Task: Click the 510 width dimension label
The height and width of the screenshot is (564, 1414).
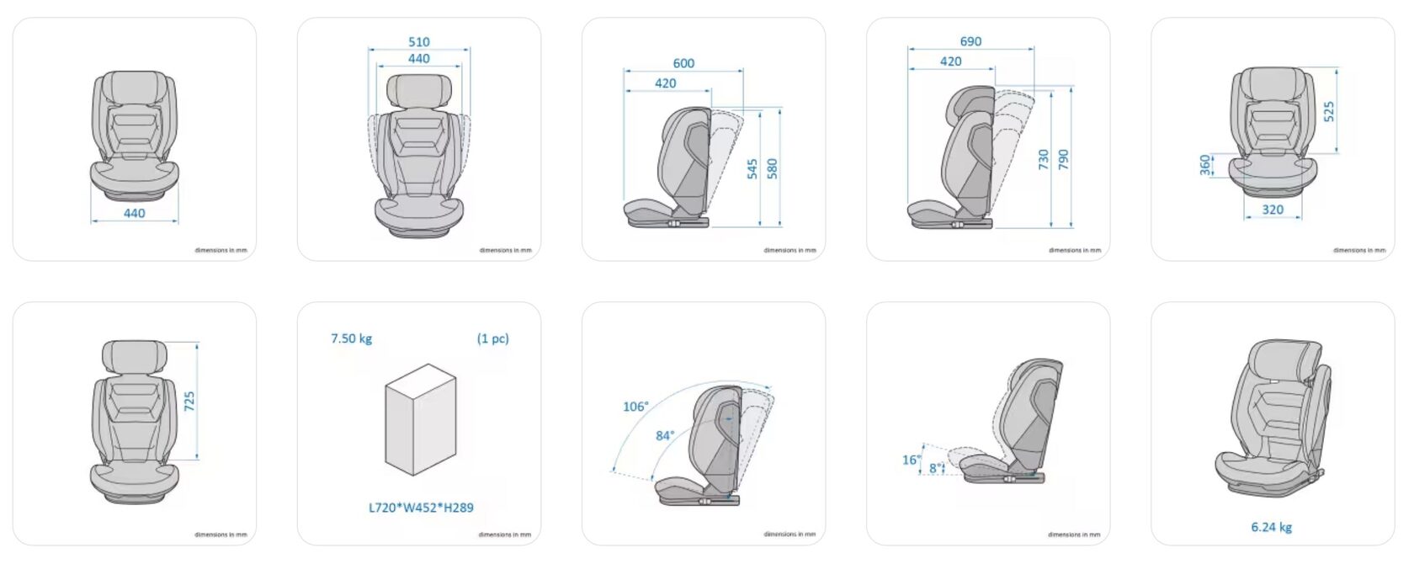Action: (418, 41)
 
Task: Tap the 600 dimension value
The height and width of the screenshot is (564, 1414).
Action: (683, 63)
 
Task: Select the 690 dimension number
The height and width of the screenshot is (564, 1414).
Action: (970, 41)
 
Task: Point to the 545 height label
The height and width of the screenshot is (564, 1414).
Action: (752, 168)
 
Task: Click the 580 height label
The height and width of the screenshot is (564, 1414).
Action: (773, 168)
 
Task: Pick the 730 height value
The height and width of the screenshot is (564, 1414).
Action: (1044, 159)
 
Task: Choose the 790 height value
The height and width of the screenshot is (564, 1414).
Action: (1064, 159)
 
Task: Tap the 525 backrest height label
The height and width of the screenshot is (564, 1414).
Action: (1329, 111)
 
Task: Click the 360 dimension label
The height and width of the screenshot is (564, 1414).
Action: (1206, 165)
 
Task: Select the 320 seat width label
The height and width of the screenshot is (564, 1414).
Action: (1273, 210)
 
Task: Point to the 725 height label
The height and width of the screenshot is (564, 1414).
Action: (189, 401)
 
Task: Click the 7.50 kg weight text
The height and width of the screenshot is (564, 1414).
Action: (351, 338)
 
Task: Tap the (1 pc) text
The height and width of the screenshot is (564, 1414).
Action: (492, 338)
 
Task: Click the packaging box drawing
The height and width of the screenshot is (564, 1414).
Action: (420, 419)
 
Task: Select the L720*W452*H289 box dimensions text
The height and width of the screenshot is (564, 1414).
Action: (421, 508)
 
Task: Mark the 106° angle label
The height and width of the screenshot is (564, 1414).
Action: (635, 407)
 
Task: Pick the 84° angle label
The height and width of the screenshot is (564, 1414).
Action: (665, 435)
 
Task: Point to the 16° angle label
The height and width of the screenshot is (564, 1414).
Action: (911, 460)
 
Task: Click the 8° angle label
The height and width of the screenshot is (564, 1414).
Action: (935, 468)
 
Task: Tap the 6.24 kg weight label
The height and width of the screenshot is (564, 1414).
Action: (1271, 527)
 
